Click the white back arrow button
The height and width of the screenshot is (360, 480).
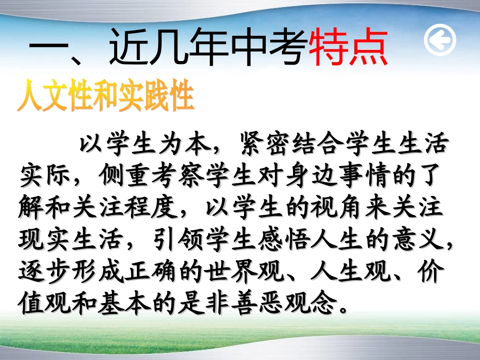[x=440, y=40]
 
